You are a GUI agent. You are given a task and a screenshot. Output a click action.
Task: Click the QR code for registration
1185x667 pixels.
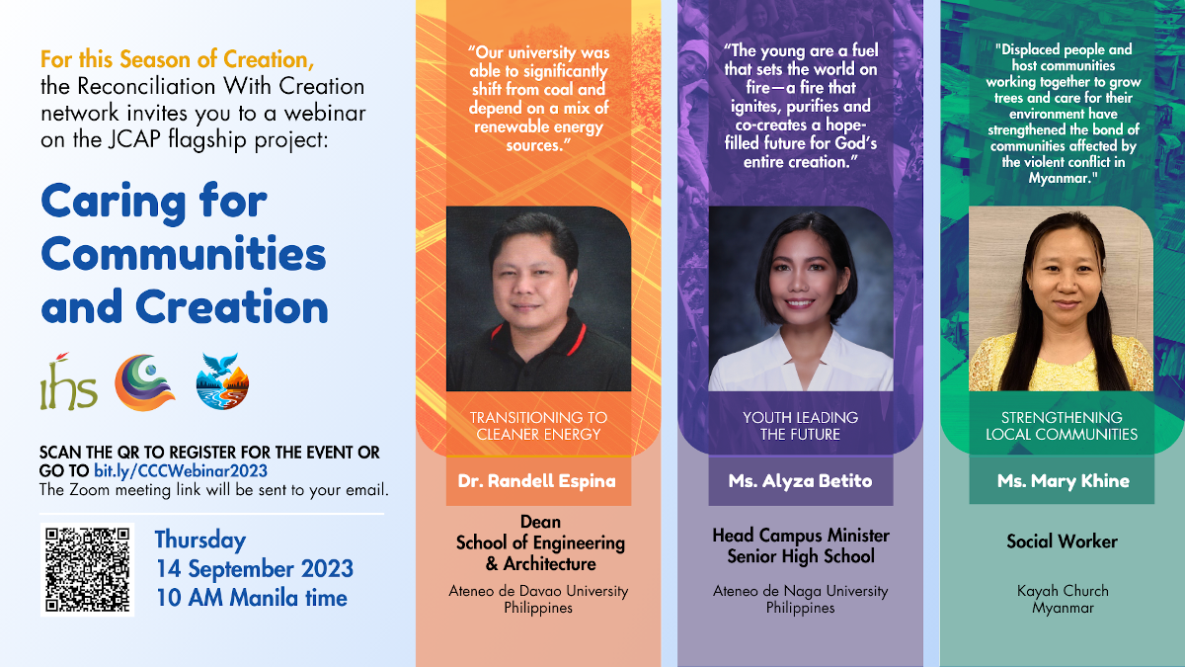87,569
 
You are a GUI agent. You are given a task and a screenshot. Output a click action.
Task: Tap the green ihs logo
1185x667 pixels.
68,383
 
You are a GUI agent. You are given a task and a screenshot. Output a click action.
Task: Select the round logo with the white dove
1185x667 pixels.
223,380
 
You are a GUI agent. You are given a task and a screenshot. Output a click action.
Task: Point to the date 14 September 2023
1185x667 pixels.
254,569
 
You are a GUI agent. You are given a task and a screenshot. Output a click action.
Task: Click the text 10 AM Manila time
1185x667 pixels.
251,598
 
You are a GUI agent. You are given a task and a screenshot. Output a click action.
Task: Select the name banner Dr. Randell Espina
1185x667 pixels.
536,481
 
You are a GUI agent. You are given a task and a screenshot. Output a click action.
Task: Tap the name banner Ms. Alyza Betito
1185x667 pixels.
800,481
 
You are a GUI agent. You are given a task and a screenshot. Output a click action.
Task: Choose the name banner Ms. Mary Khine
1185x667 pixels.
1062,481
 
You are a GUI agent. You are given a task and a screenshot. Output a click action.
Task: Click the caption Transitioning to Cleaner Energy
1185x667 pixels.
538,426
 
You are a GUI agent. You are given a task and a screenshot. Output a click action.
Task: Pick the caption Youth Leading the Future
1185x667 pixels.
800,426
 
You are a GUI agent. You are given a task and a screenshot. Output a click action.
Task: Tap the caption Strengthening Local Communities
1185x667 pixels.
1062,426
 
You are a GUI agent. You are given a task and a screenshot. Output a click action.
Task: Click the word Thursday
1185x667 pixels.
200,541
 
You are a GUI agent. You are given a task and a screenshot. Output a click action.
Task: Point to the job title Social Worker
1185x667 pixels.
1062,542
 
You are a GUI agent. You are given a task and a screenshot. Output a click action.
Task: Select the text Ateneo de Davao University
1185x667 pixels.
538,591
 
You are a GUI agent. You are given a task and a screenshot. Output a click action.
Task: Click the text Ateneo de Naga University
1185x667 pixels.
800,591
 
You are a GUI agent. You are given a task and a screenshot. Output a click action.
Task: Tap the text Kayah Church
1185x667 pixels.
1063,591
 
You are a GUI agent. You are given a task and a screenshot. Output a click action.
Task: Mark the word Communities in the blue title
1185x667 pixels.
184,255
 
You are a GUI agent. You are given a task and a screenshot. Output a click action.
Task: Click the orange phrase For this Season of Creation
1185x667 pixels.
178,59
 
